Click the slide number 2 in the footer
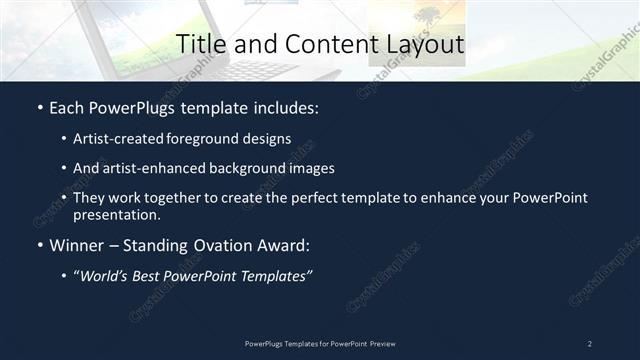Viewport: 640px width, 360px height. [590, 343]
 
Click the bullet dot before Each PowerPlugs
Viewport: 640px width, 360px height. [39, 108]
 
